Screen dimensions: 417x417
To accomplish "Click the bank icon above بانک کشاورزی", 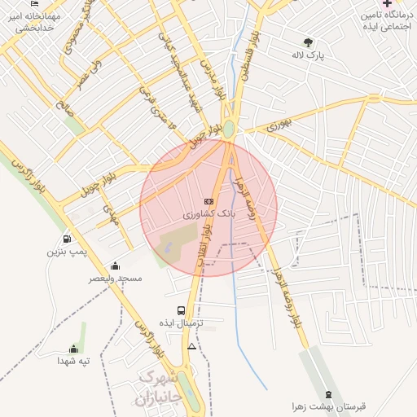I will (x=208, y=201).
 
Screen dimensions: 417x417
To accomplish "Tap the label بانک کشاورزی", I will (x=209, y=214).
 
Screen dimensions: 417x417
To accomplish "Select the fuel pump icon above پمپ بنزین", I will (x=66, y=239).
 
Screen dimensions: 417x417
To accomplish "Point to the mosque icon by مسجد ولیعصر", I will (x=115, y=266).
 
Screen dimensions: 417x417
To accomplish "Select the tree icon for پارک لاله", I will (x=308, y=42).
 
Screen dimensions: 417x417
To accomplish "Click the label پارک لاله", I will (x=308, y=55).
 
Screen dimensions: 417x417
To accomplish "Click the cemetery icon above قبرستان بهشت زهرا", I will (x=328, y=393).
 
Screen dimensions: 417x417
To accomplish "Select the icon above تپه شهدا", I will (x=75, y=349).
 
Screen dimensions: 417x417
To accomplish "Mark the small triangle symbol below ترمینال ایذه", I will (x=191, y=346).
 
